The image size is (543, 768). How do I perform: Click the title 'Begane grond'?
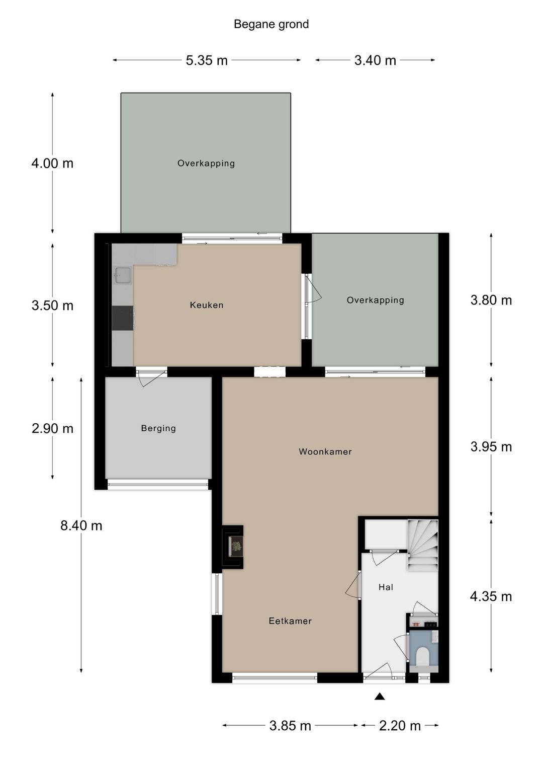point(271,24)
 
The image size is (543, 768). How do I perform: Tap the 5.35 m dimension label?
point(207,60)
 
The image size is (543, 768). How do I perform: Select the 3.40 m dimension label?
point(375,60)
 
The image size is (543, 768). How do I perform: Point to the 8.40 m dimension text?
point(81,525)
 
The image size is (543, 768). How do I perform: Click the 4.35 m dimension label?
point(491,596)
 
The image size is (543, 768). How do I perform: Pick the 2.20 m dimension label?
point(400,725)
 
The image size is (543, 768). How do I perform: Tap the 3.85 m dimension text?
point(290,725)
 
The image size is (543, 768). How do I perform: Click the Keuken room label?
point(207,305)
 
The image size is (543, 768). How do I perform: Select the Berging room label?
point(158,428)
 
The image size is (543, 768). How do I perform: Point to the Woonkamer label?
point(325,451)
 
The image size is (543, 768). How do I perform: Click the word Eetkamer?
point(290,621)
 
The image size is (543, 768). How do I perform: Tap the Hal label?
point(386,587)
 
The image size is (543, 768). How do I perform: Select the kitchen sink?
point(122,275)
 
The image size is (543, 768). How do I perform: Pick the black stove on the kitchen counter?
point(123,319)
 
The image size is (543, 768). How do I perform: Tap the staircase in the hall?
point(423,546)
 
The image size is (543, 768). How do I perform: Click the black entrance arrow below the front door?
point(380,697)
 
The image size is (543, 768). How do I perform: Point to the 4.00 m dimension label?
point(52,164)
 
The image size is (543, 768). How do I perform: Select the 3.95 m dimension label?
point(491,447)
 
